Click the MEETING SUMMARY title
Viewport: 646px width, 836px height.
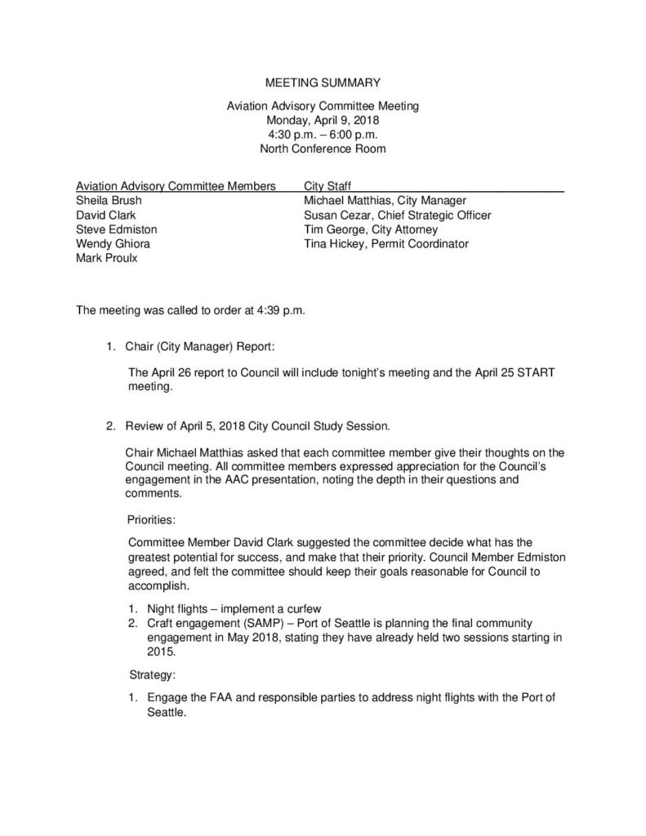tap(323, 82)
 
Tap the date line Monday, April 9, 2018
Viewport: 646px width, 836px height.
tap(323, 120)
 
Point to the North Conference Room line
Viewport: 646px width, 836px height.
tap(323, 149)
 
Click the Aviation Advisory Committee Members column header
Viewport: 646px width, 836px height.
tap(175, 186)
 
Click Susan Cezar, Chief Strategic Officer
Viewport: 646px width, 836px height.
tap(397, 216)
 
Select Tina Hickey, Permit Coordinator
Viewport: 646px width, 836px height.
tap(385, 244)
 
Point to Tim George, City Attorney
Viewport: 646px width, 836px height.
tap(370, 230)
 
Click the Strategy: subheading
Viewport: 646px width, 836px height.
tap(152, 675)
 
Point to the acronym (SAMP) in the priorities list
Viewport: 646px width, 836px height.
tap(248, 624)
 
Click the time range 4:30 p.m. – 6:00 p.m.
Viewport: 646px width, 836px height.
tap(323, 134)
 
